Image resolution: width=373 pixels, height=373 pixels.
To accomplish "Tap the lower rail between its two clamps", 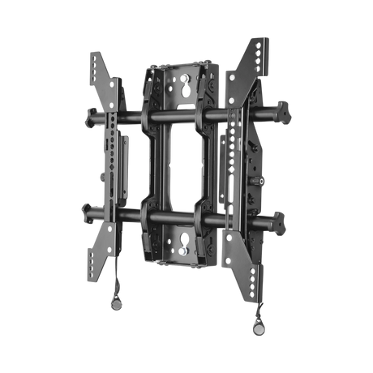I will click(x=175, y=216).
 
